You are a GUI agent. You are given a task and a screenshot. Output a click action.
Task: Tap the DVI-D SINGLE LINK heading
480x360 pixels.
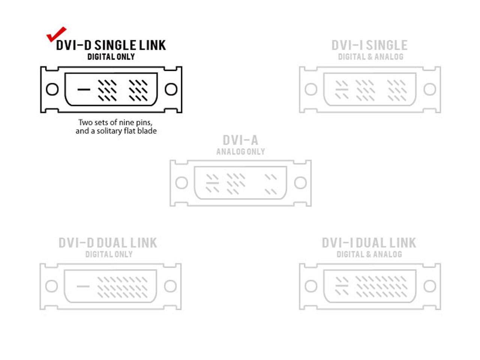coord(111,45)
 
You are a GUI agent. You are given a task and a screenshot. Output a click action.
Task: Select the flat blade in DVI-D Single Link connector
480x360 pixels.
coord(84,89)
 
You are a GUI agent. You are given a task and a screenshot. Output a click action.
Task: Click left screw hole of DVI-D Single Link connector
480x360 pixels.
coord(52,89)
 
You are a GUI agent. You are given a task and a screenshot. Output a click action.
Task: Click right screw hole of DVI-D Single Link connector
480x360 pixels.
coord(171,89)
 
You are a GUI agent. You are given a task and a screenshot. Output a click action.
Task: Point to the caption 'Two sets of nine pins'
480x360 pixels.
coord(115,123)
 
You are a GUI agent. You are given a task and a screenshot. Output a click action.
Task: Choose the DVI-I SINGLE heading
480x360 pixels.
coord(369,45)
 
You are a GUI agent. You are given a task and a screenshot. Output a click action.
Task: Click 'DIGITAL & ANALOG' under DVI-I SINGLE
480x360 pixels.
coord(370,57)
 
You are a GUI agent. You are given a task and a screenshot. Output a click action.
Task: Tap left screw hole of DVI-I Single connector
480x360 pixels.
coord(311,89)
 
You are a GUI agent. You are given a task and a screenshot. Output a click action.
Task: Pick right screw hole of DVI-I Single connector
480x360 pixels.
coord(430,89)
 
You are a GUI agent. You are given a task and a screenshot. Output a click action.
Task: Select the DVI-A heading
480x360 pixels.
coord(240,140)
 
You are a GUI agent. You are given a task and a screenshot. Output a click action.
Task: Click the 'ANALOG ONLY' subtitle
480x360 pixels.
coord(240,152)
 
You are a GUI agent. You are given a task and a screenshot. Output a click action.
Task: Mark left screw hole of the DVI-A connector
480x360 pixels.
coord(181,183)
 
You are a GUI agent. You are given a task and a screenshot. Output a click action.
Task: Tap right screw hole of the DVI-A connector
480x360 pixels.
coord(300,183)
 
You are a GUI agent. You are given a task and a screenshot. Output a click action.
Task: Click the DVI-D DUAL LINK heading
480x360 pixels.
coord(108,243)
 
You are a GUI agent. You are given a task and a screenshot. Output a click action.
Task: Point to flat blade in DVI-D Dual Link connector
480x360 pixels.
coord(83,286)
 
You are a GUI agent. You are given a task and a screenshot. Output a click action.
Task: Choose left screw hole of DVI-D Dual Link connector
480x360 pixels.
coord(51,286)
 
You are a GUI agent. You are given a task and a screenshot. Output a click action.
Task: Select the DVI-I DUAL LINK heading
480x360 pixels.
coord(369,243)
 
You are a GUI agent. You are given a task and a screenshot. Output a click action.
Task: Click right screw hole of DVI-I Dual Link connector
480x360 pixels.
coord(430,286)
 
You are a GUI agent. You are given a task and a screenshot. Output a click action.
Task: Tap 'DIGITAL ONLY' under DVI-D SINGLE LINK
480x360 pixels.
coord(111,57)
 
